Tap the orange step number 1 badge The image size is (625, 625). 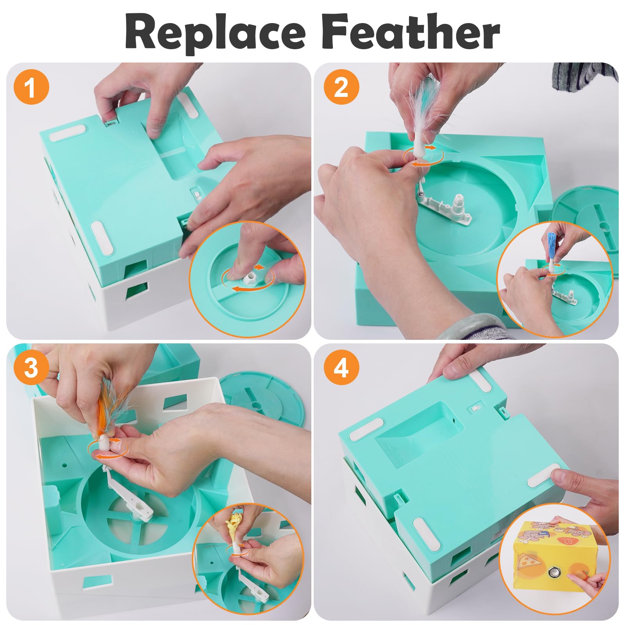[x=31, y=87]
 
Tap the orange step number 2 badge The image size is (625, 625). [x=341, y=87]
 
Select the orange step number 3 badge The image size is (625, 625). [x=31, y=367]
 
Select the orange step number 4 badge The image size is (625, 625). [x=341, y=367]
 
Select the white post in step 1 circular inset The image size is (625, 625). [x=249, y=278]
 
